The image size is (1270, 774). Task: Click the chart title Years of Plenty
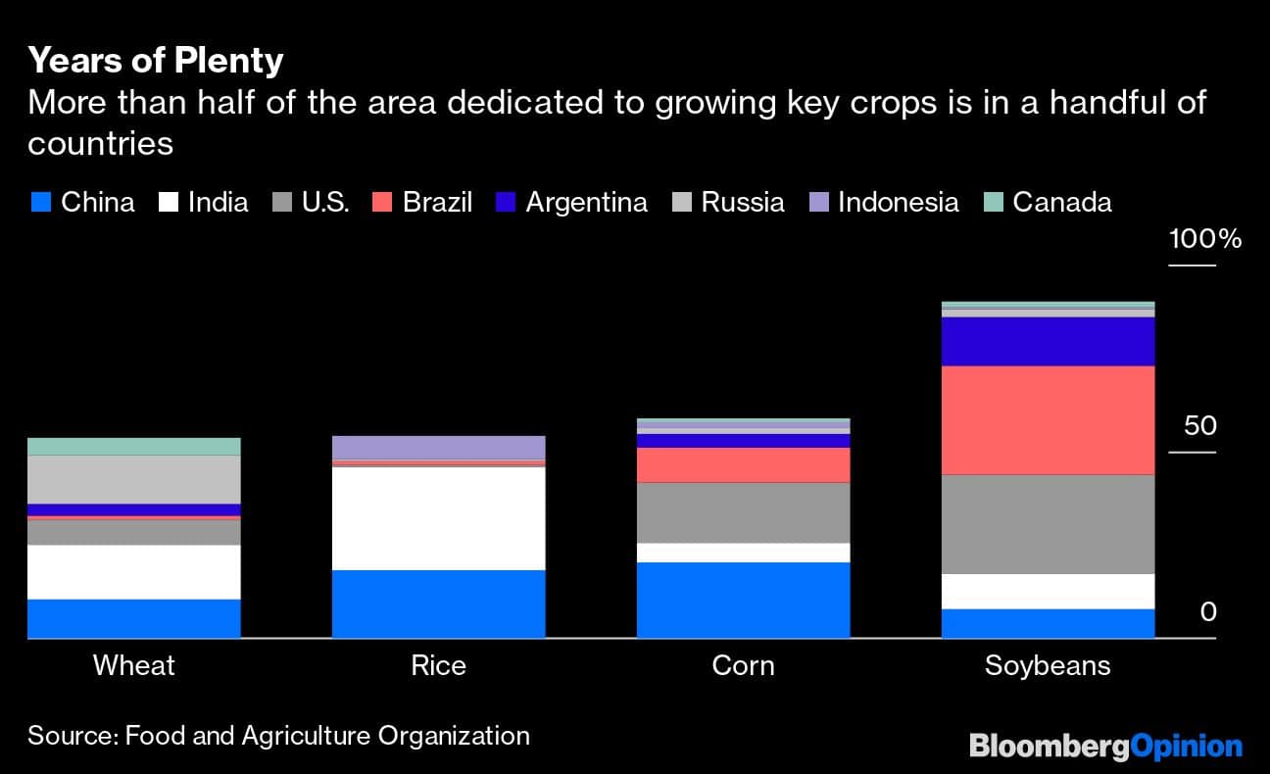156,61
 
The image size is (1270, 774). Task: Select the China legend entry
82,203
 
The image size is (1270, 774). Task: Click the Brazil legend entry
422,203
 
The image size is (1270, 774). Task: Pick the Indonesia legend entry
884,203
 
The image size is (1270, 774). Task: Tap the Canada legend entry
1049,203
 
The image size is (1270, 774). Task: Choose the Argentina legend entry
572,203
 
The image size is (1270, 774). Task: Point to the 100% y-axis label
1204,239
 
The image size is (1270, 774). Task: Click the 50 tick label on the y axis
1199,426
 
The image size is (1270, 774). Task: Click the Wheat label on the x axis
134,666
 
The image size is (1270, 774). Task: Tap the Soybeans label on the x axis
1048,666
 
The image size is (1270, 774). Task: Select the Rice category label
438,666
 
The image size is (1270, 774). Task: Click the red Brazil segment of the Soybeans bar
1048,420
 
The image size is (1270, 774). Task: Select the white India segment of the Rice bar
438,518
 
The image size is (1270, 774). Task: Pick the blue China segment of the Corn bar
743,601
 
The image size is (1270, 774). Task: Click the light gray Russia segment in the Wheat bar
134,479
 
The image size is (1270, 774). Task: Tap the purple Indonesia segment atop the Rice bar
438,448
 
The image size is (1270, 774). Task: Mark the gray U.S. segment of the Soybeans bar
1048,524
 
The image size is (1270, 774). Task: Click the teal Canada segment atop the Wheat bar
134,447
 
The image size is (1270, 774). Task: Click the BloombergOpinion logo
1105,747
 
